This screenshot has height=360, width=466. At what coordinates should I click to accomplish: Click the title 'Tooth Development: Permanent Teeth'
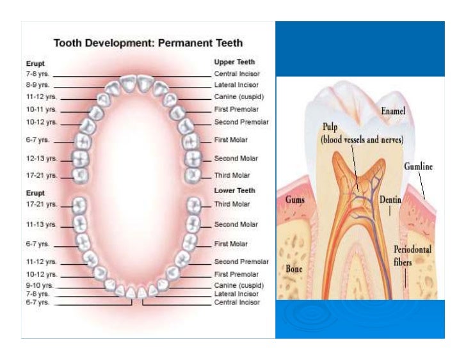click(148, 43)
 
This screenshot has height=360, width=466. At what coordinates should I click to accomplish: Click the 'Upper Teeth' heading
click(235, 62)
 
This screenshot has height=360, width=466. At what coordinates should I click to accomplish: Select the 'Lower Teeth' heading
click(234, 191)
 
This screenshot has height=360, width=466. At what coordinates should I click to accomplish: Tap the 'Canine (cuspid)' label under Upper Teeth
click(239, 97)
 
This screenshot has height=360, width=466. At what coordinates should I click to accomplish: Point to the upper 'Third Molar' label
click(232, 175)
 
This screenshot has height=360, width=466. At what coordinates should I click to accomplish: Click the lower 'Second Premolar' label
click(241, 262)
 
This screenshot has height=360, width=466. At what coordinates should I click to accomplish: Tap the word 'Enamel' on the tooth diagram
click(393, 111)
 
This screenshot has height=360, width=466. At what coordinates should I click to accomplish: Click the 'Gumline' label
click(419, 166)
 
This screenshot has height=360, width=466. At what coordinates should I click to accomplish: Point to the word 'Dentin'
click(390, 200)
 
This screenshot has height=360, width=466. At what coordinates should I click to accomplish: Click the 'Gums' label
click(294, 200)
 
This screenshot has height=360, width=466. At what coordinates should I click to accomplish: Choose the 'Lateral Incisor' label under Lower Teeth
click(237, 293)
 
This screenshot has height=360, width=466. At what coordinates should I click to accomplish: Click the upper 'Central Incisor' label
click(237, 74)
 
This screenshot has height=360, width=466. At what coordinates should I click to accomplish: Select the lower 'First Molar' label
click(230, 244)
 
